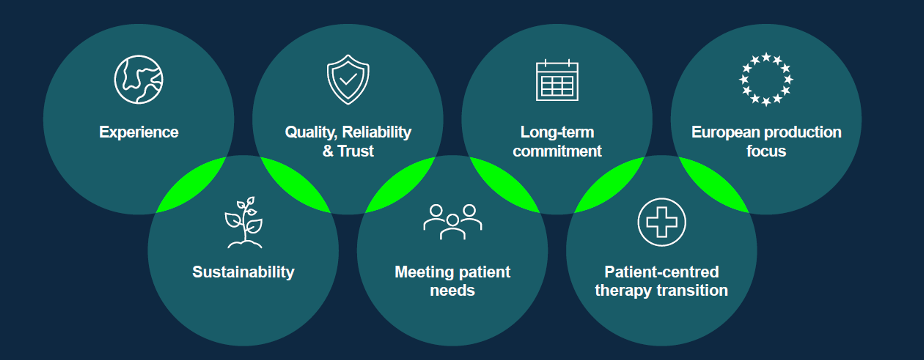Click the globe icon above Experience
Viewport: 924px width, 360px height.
(138, 80)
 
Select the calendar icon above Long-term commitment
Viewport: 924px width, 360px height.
(557, 80)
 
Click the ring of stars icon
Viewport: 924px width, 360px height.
(766, 80)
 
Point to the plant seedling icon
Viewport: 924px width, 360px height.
(243, 222)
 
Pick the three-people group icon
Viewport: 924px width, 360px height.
(453, 222)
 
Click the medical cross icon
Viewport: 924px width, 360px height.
(662, 222)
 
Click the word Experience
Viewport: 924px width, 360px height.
(138, 132)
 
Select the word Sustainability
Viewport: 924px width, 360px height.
(243, 272)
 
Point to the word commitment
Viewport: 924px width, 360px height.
(557, 151)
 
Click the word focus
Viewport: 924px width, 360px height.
(766, 151)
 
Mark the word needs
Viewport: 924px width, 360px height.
(453, 291)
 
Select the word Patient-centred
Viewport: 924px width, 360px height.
(662, 272)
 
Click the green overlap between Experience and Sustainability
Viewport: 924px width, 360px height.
(191, 185)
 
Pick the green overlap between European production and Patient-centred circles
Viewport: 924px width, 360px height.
(714, 185)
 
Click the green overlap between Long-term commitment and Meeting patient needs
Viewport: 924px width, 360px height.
(504, 185)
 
